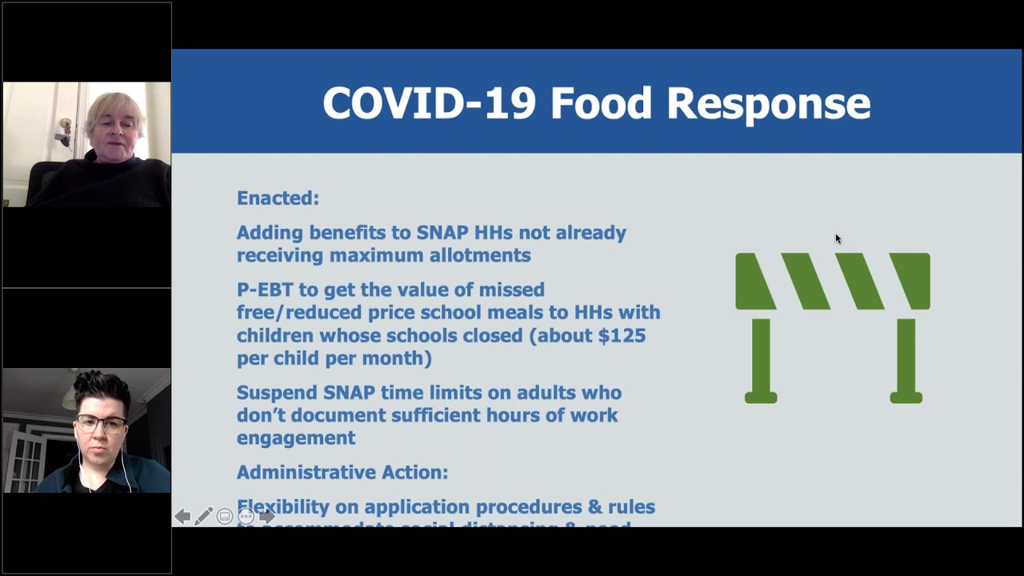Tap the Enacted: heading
click(x=278, y=198)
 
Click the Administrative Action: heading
click(x=342, y=472)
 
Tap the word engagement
click(x=296, y=438)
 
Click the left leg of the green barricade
click(x=761, y=360)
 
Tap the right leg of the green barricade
click(x=906, y=360)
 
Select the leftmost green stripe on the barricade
click(x=754, y=281)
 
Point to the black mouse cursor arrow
click(x=838, y=238)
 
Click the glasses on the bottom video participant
click(x=101, y=424)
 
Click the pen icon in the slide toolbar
click(x=203, y=517)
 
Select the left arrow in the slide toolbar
click(x=182, y=517)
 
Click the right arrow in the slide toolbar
click(x=267, y=517)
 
